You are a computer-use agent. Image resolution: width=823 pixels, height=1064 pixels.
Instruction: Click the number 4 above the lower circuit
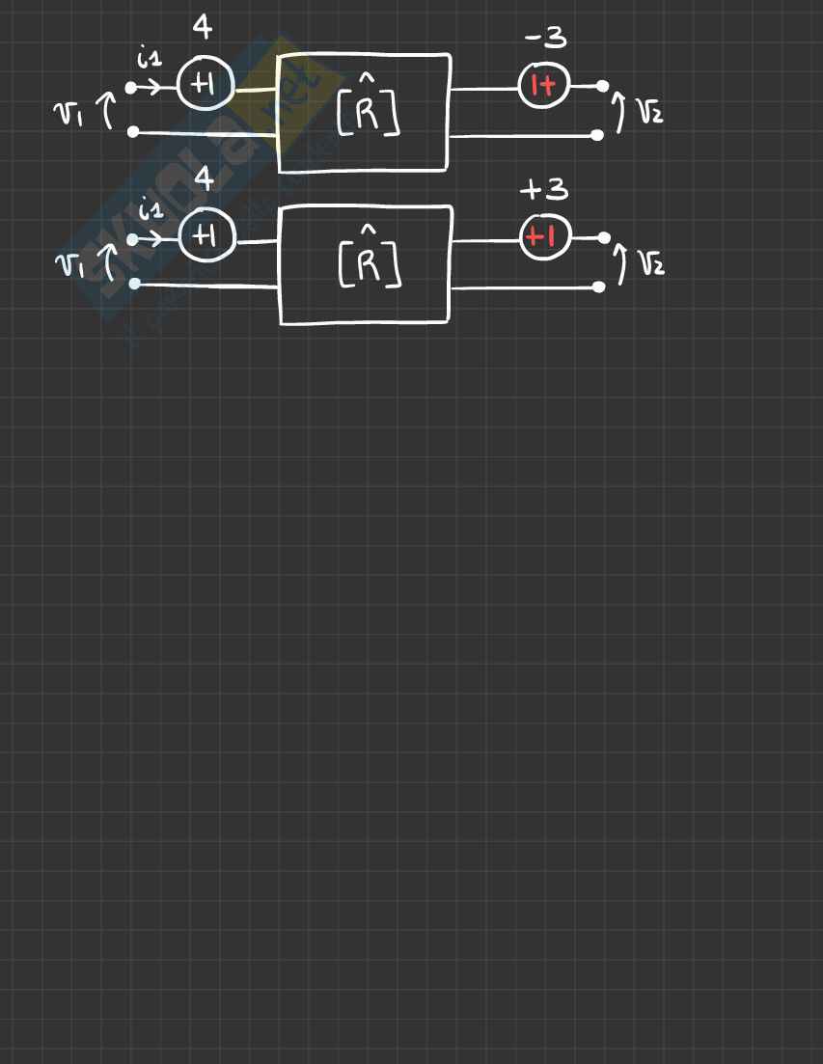coord(204,179)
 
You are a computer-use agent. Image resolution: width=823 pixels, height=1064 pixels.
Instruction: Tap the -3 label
coord(545,40)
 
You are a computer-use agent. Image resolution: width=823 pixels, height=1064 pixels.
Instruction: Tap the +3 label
coord(544,190)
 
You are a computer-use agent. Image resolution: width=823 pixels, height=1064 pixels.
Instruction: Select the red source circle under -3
coord(544,86)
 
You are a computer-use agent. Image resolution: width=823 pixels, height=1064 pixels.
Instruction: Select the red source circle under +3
coord(545,236)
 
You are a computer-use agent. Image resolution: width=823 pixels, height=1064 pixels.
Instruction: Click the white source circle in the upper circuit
coord(205,86)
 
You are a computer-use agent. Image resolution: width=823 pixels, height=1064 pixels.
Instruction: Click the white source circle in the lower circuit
coord(206,235)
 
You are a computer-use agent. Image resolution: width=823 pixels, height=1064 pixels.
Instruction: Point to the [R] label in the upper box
coord(368,112)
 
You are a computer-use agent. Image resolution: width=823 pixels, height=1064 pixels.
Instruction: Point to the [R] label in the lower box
coord(370,262)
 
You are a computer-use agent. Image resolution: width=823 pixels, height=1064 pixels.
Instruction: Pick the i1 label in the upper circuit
coord(149,59)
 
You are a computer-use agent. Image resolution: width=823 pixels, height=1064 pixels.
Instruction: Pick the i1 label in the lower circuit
coord(151,208)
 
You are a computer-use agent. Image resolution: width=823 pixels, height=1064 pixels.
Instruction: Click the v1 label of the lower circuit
coord(69,263)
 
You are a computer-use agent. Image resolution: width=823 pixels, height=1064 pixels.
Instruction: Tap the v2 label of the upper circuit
coord(649,113)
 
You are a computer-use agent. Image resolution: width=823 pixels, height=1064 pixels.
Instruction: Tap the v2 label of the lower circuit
coord(651,261)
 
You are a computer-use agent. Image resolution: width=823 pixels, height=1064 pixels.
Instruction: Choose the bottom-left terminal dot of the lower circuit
coord(135,284)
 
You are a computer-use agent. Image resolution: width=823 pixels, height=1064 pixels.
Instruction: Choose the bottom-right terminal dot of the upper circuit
coord(597,135)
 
